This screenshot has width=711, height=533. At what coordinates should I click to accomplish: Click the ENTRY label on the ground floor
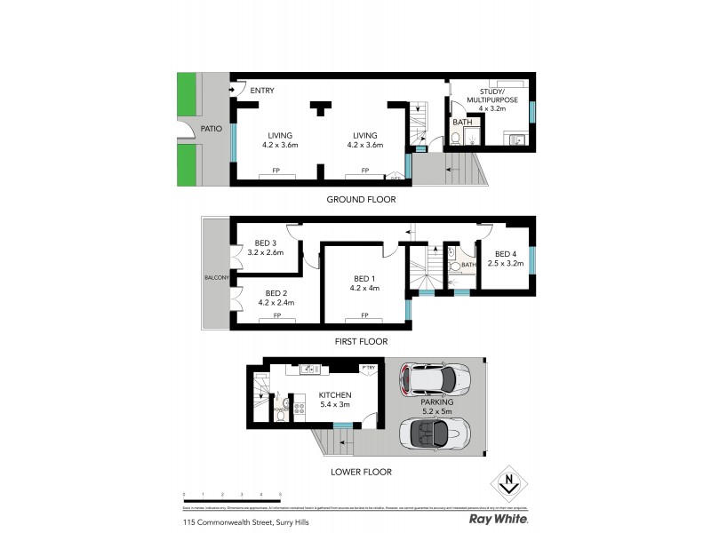click(x=262, y=91)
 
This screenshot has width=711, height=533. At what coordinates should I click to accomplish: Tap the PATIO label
click(x=211, y=129)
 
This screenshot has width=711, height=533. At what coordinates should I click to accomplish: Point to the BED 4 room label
click(x=507, y=252)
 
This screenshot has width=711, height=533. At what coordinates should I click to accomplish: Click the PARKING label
click(x=435, y=402)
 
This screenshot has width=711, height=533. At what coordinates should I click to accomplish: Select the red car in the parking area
click(x=435, y=380)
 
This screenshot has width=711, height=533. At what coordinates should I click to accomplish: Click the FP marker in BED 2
click(x=276, y=316)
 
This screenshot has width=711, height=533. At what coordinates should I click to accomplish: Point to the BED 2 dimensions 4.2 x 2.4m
click(x=276, y=303)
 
